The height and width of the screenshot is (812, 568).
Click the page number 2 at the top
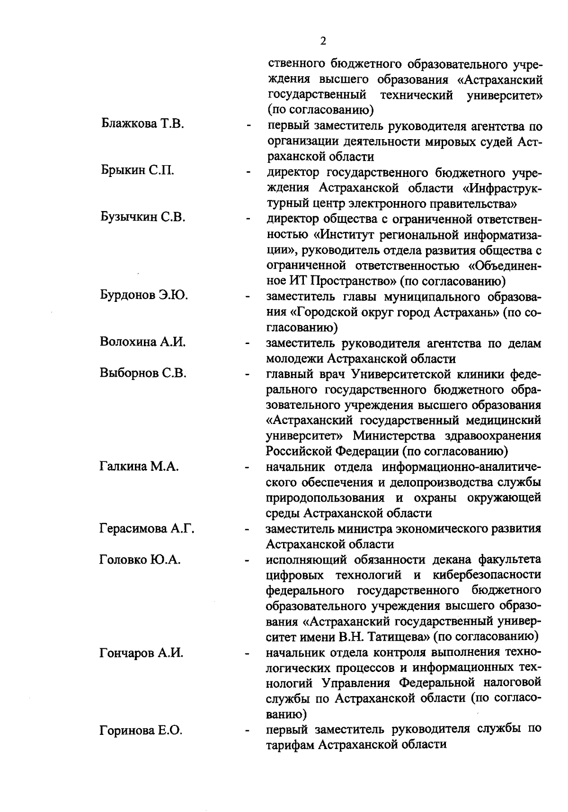[323, 41]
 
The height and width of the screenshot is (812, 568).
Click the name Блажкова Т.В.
[142, 124]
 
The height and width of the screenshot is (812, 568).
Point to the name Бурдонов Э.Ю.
[144, 295]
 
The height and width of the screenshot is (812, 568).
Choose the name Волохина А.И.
[142, 342]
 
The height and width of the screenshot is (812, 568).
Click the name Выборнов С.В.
[142, 373]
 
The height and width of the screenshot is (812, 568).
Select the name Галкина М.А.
[139, 467]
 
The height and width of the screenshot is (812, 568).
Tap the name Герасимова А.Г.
[147, 529]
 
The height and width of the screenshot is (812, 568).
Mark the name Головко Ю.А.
[141, 560]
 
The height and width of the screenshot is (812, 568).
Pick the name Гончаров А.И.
[142, 653]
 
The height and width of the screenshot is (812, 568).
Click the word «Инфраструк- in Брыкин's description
[502, 188]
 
